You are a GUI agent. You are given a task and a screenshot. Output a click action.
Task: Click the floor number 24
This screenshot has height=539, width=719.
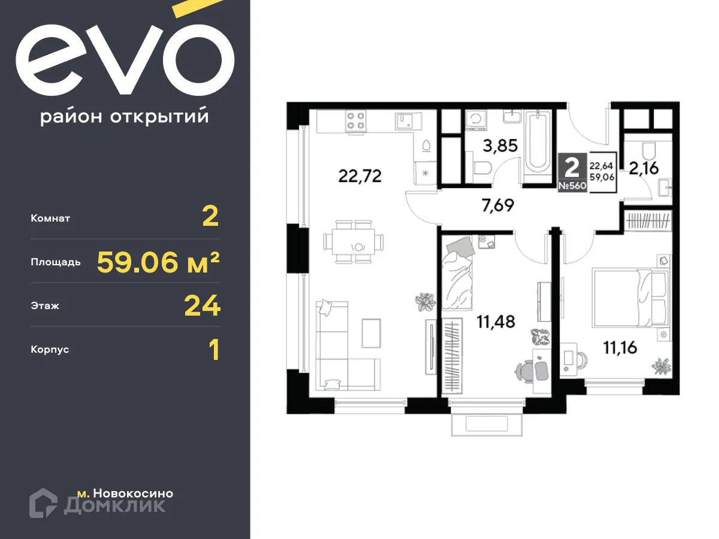[x=202, y=306]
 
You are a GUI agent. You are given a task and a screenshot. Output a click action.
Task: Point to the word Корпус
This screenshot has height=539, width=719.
[x=50, y=349]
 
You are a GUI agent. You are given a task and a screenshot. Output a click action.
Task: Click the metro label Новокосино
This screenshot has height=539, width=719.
[x=125, y=493]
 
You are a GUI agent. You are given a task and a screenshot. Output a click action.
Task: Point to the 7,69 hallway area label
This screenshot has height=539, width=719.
[x=497, y=206]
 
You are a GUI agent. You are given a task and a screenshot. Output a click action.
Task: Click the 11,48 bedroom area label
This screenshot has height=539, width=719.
[x=496, y=322]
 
